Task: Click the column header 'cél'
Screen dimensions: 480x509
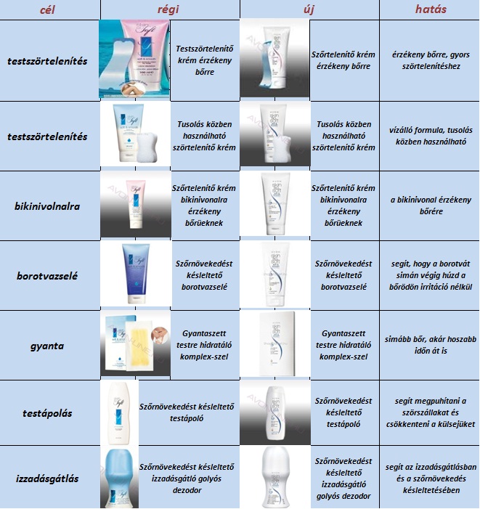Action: point(47,9)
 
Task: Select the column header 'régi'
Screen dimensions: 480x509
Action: point(168,9)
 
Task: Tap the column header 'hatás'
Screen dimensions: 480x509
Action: point(431,9)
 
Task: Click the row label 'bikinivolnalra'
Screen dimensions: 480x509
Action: point(47,206)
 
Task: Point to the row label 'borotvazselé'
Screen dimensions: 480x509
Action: point(47,276)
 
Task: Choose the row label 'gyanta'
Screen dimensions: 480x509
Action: point(47,346)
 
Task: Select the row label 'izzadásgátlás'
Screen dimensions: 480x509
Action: point(47,479)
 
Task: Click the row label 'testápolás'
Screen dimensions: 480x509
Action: point(47,413)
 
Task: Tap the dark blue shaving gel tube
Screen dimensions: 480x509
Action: point(136,273)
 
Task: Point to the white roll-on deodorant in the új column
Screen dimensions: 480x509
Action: point(275,476)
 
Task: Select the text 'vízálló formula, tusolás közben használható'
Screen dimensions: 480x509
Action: point(431,136)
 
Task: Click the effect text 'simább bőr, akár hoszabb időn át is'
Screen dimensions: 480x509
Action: point(431,345)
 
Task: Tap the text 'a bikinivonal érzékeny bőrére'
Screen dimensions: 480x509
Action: point(431,205)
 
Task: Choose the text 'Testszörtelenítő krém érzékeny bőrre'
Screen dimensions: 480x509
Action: point(205,60)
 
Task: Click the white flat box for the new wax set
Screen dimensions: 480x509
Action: point(277,344)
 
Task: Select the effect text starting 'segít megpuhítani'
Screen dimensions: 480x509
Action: point(431,412)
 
